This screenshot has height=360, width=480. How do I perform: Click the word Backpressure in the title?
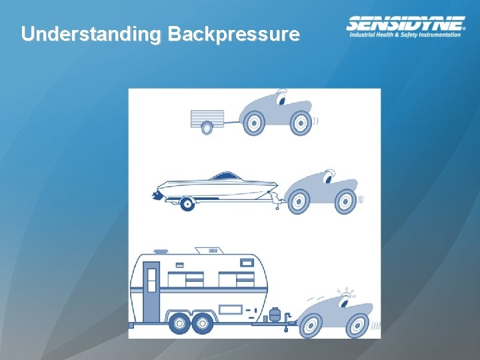[x=233, y=34]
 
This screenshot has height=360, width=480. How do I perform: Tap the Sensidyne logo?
[x=405, y=27]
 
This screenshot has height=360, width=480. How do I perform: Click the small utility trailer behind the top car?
[x=207, y=119]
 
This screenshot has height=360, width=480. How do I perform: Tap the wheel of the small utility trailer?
[x=207, y=127]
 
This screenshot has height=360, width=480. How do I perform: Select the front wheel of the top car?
[x=301, y=123]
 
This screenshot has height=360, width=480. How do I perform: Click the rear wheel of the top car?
[x=253, y=123]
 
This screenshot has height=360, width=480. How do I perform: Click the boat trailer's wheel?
[x=187, y=203]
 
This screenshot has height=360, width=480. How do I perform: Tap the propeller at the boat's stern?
[x=155, y=195]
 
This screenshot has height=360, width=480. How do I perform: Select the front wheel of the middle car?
[x=345, y=201]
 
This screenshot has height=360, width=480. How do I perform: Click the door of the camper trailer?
[x=151, y=290]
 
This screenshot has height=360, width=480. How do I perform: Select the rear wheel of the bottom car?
[x=311, y=326]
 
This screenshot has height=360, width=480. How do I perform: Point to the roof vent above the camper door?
[x=161, y=252]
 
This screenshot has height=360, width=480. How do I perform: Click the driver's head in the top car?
[x=281, y=99]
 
